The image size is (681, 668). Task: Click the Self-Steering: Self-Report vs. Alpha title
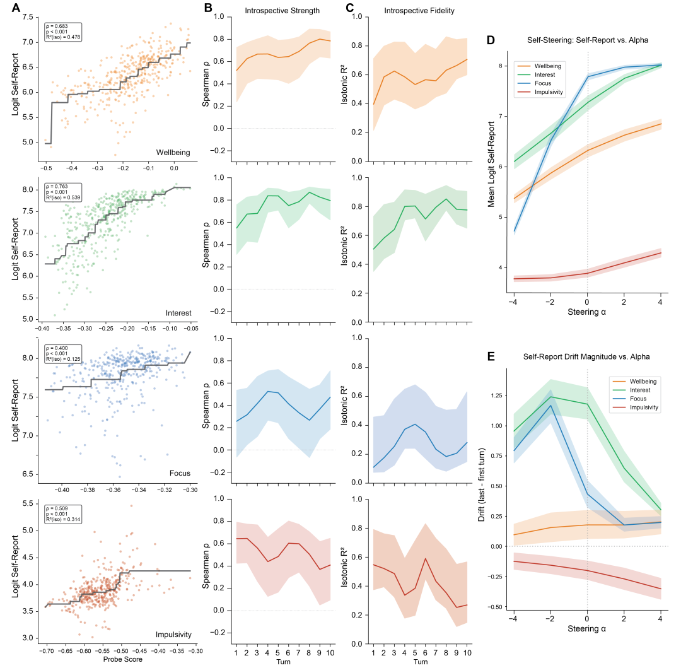pyautogui.click(x=587, y=40)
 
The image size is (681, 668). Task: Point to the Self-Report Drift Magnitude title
pyautogui.click(x=587, y=357)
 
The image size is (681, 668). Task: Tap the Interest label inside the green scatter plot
pyautogui.click(x=178, y=313)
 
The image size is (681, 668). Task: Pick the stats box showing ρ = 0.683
pyautogui.click(x=61, y=31)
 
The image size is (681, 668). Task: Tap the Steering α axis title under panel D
pyautogui.click(x=587, y=311)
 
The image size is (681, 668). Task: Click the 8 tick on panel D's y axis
pyautogui.click(x=501, y=66)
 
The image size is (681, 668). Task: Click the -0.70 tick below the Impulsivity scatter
pyautogui.click(x=45, y=649)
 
